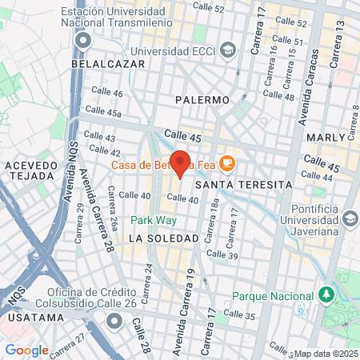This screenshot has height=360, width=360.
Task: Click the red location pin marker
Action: pyautogui.click(x=180, y=164)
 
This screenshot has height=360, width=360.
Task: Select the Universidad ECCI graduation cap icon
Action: pyautogui.click(x=229, y=50)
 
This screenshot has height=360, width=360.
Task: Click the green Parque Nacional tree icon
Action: pyautogui.click(x=326, y=295)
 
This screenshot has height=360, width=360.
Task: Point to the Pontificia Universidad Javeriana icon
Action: pyautogui.click(x=350, y=218)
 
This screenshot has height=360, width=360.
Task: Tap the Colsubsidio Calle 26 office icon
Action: pyautogui.click(x=114, y=321)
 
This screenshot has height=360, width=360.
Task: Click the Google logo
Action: pyautogui.click(x=26, y=350)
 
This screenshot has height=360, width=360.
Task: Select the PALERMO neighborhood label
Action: pyautogui.click(x=202, y=100)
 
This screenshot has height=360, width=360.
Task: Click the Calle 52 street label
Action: pyautogui.click(x=209, y=7)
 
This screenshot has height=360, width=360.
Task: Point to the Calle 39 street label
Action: pyautogui.click(x=222, y=254)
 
